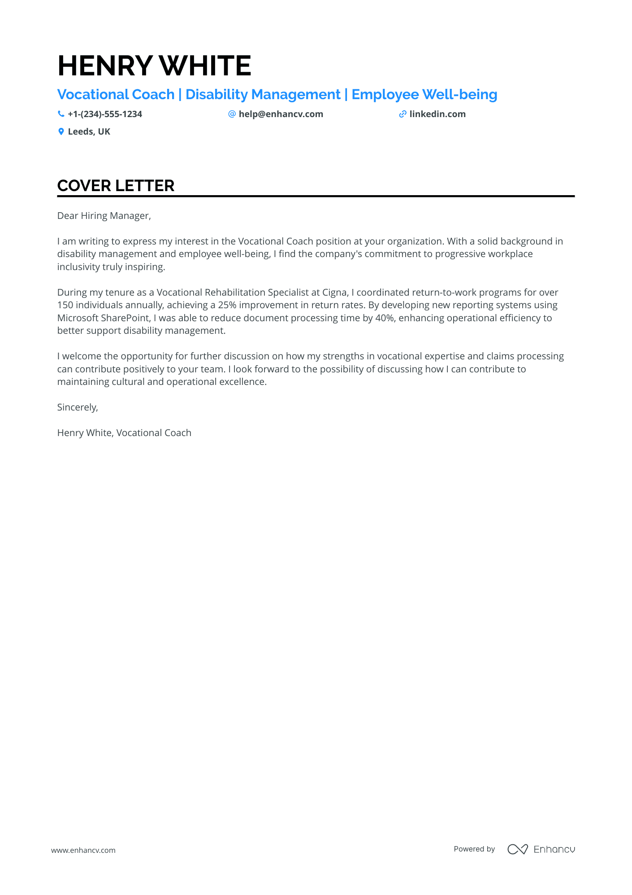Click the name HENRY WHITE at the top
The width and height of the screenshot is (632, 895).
(154, 65)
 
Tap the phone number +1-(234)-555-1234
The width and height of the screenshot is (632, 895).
(105, 114)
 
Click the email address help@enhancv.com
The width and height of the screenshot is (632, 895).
(281, 114)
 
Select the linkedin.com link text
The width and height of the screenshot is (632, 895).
(437, 114)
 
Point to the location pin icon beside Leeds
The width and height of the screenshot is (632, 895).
(61, 132)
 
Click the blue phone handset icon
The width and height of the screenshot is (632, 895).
(61, 114)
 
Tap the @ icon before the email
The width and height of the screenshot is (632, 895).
(232, 114)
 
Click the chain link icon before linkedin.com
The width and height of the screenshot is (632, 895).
(403, 114)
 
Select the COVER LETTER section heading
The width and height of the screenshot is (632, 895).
(116, 186)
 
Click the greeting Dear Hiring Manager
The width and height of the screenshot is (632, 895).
(104, 216)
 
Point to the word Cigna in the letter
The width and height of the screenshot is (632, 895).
(334, 293)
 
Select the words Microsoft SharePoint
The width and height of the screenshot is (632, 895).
(103, 318)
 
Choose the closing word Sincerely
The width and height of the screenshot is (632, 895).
(77, 407)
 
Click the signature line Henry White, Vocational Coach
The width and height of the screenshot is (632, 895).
(124, 433)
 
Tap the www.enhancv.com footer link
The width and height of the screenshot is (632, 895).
(83, 850)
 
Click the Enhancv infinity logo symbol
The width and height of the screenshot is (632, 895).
(517, 849)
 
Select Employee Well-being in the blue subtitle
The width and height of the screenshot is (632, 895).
(424, 95)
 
